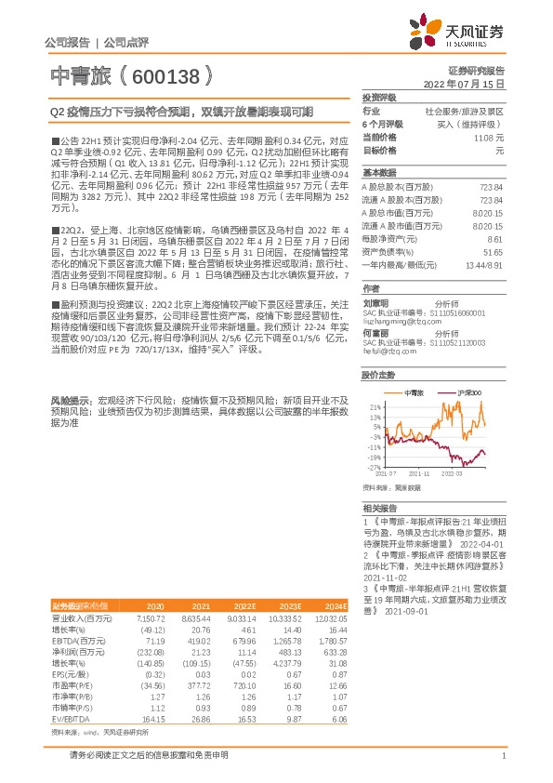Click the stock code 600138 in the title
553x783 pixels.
click(164, 74)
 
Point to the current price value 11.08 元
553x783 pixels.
click(492, 137)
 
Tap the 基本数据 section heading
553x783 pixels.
click(378, 174)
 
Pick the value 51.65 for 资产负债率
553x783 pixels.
click(494, 251)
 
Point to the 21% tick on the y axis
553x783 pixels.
click(374, 406)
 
